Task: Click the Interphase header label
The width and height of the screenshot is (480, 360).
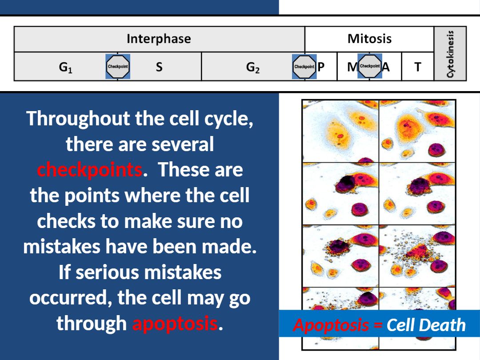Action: pyautogui.click(x=159, y=39)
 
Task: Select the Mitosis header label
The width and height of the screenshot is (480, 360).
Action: pyautogui.click(x=369, y=39)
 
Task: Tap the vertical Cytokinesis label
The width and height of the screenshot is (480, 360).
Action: pyautogui.click(x=450, y=54)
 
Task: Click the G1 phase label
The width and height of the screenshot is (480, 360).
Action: pyautogui.click(x=65, y=67)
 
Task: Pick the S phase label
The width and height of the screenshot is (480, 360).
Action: pyautogui.click(x=159, y=67)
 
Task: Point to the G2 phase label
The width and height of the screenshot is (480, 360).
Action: pyautogui.click(x=253, y=67)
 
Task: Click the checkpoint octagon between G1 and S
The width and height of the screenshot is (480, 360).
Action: pyautogui.click(x=118, y=66)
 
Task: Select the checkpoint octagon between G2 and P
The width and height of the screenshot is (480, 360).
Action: pyautogui.click(x=304, y=66)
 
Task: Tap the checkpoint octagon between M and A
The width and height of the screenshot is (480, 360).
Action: pyautogui.click(x=370, y=65)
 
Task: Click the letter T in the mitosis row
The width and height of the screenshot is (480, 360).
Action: pyautogui.click(x=417, y=67)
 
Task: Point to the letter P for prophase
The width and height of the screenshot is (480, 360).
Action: pyautogui.click(x=321, y=67)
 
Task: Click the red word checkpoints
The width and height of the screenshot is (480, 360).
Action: pyautogui.click(x=90, y=170)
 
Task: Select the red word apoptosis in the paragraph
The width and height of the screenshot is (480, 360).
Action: pyautogui.click(x=175, y=323)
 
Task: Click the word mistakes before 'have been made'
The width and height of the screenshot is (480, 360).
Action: pyautogui.click(x=62, y=246)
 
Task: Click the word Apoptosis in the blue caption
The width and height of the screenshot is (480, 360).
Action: pyautogui.click(x=331, y=325)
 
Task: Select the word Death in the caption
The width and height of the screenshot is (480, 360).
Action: pyautogui.click(x=446, y=325)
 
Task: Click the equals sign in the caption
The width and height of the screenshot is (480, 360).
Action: pyautogui.click(x=378, y=325)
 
